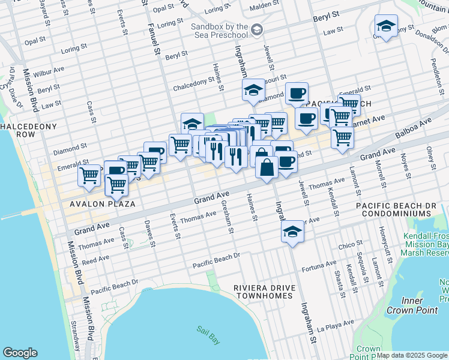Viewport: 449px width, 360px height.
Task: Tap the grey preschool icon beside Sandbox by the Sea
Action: pyautogui.click(x=257, y=29)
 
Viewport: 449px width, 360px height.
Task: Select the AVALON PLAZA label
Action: pyautogui.click(x=101, y=204)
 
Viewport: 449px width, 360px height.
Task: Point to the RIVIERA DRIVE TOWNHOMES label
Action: pyautogui.click(x=265, y=292)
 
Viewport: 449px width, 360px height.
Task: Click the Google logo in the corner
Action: pyautogui.click(x=20, y=353)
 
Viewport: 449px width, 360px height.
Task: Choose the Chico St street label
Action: pyautogui.click(x=347, y=245)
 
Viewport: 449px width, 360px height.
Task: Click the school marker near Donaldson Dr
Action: pyautogui.click(x=386, y=26)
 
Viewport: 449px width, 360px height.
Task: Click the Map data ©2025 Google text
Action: pyautogui.click(x=412, y=355)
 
